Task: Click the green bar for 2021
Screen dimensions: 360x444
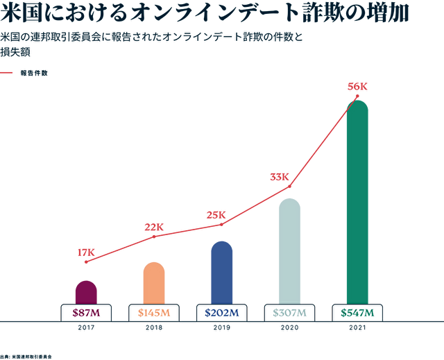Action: pyautogui.click(x=357, y=201)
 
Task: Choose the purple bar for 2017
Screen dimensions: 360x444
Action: pyautogui.click(x=86, y=292)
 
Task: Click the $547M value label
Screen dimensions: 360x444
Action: pyautogui.click(x=357, y=313)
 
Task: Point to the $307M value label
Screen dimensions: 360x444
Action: pyautogui.click(x=289, y=313)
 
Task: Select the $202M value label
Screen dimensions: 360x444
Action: pyautogui.click(x=222, y=313)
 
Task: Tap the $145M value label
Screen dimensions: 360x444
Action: pyautogui.click(x=154, y=313)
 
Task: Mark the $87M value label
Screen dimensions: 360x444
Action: pyautogui.click(x=86, y=313)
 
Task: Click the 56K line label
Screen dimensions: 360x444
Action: pyautogui.click(x=357, y=87)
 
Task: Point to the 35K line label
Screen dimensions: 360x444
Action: pyautogui.click(x=280, y=177)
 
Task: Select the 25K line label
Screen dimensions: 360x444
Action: pyautogui.click(x=216, y=215)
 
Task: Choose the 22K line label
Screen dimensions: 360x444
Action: pyautogui.click(x=154, y=227)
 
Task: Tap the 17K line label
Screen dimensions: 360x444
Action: pyautogui.click(x=86, y=252)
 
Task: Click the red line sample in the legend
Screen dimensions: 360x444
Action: pyautogui.click(x=7, y=72)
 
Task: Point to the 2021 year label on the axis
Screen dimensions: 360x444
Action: pyautogui.click(x=357, y=327)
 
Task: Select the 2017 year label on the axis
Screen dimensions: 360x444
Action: pyautogui.click(x=86, y=327)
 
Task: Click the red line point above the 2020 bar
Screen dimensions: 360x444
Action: pyautogui.click(x=289, y=187)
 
